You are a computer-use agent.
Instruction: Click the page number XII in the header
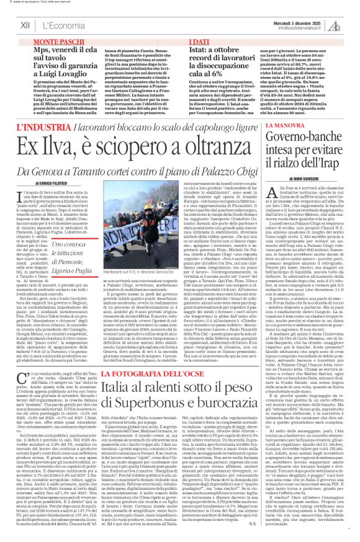25,25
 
